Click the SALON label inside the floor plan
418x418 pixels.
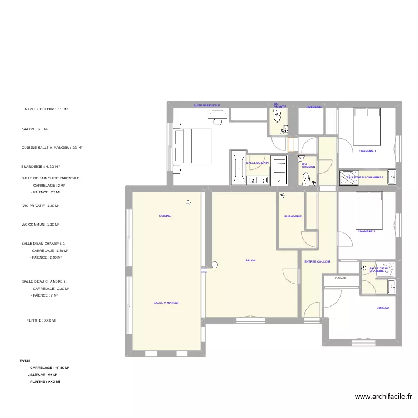point(250,260)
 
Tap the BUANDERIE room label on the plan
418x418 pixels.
point(293,216)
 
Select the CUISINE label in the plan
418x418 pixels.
point(165,216)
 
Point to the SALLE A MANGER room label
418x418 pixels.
point(167,303)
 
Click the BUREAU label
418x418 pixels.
point(382,308)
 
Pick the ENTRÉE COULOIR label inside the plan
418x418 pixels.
point(317,261)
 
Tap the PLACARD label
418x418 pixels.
point(340,278)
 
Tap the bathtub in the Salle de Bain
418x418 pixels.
point(238,167)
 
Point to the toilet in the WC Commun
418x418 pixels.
point(306,178)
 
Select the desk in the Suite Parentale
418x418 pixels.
point(218,112)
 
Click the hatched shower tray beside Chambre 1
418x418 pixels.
point(349,177)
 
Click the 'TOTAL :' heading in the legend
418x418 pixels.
point(26,361)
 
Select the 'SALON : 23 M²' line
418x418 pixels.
point(35,129)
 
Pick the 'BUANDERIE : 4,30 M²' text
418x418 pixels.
point(41,166)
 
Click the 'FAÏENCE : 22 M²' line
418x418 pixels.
point(46,192)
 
